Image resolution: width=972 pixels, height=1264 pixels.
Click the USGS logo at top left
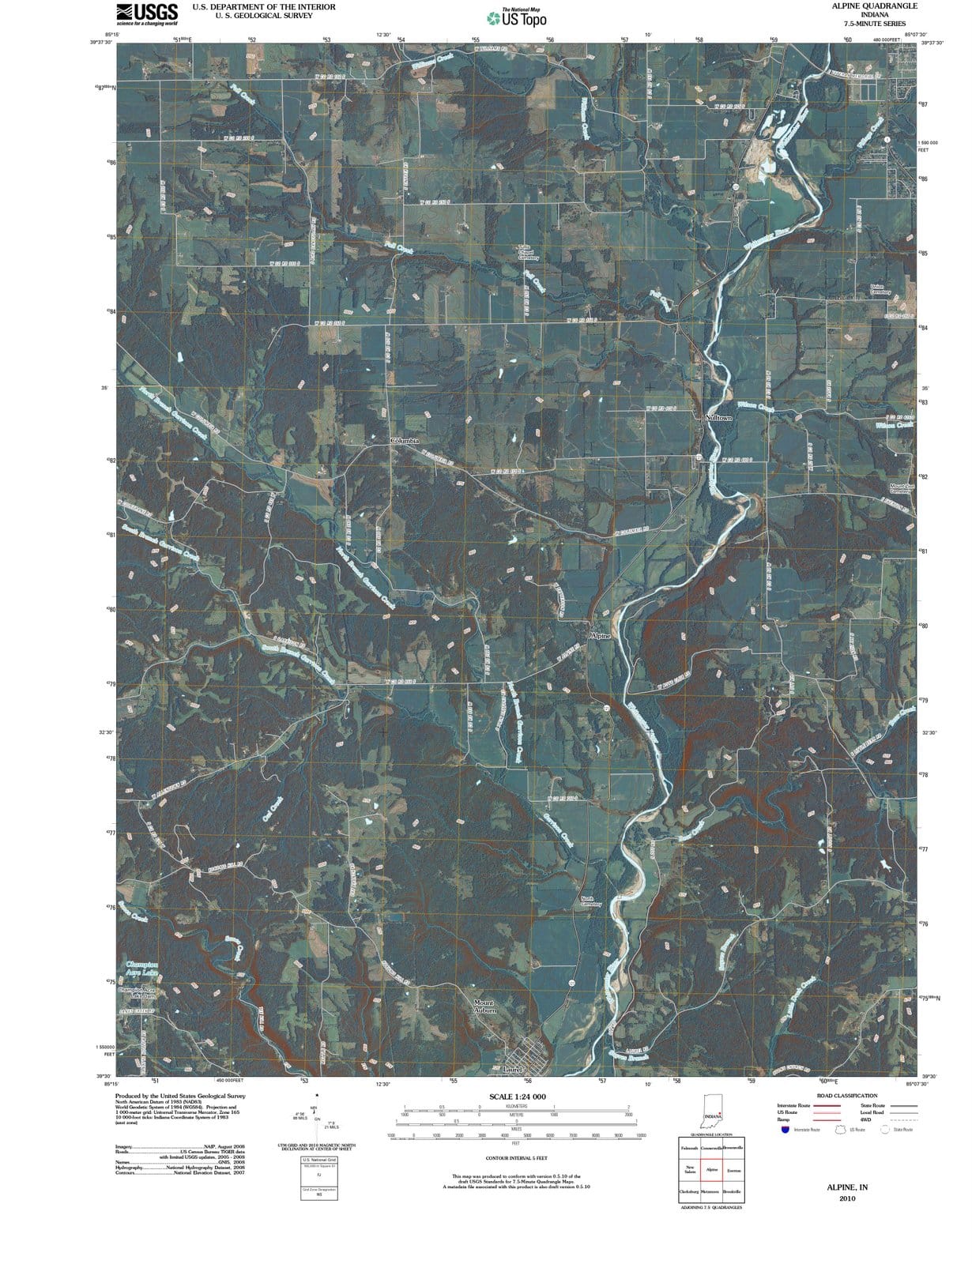(147, 13)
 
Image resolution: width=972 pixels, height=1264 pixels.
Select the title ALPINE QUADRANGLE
(874, 6)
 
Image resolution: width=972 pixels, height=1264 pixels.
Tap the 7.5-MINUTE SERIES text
(874, 24)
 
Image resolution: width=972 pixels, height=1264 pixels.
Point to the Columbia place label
(405, 438)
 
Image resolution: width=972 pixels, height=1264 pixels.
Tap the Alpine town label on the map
(600, 635)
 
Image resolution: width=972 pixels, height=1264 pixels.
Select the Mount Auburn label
(484, 1006)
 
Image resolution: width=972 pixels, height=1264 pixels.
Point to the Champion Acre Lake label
(142, 969)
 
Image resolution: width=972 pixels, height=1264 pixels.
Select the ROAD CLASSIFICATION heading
(846, 1096)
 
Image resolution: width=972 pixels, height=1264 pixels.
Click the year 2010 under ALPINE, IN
(846, 1198)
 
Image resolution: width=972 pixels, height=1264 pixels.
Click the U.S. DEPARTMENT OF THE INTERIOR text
(264, 6)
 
